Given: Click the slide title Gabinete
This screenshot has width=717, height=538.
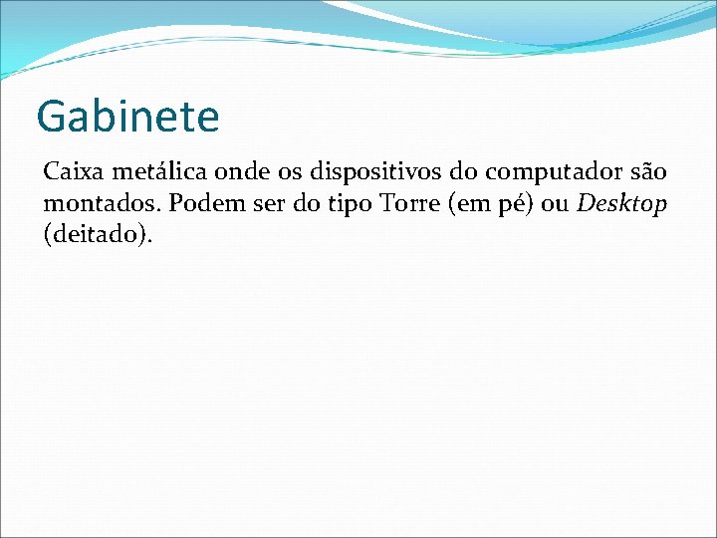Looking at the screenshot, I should (127, 117).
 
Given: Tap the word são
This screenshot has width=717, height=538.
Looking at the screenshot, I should (647, 172).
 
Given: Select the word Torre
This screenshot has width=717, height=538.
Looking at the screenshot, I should (407, 204).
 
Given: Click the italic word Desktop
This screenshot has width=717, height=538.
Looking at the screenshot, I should (622, 205).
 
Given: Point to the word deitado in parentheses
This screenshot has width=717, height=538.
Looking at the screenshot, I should (98, 236).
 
